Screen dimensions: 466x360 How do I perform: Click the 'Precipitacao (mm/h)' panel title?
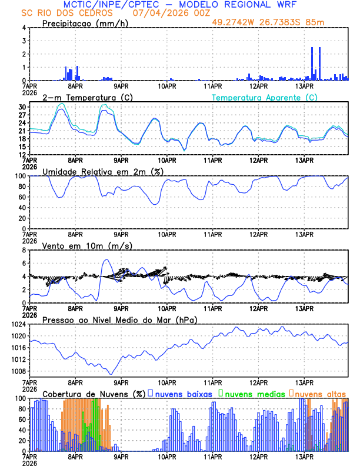(85, 23)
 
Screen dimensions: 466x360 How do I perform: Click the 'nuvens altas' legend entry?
(321, 394)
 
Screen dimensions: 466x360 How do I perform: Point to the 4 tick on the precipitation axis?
(24, 28)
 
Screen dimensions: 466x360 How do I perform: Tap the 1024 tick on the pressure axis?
(18, 324)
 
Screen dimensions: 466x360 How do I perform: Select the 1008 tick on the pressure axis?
(18, 371)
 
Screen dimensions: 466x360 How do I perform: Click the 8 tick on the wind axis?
(24, 250)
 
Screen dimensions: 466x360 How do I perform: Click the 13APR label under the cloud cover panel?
(304, 456)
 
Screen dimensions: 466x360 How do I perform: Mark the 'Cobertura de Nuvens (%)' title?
(94, 394)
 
